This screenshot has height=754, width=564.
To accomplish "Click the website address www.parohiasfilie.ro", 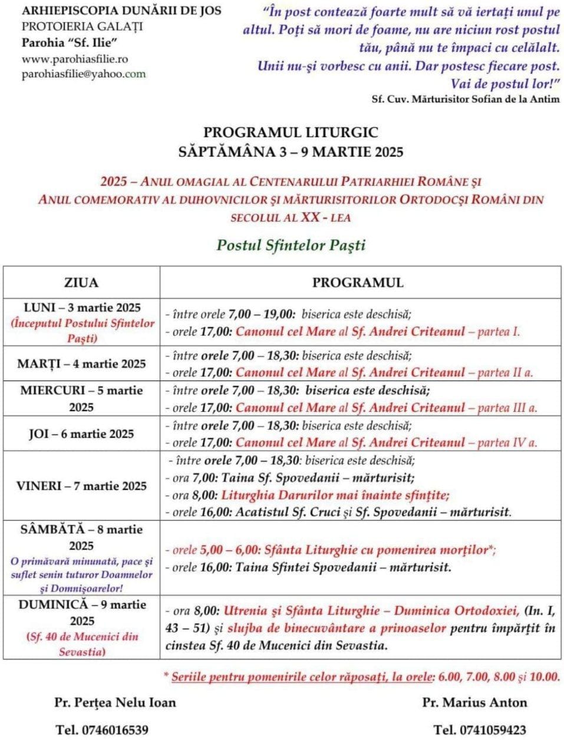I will pos(75,59).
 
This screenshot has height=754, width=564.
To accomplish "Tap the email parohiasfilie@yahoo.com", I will pos(84,74).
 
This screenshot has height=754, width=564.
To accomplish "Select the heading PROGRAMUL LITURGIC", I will pos(291,133).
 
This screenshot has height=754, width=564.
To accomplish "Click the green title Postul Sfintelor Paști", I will pos(291,244).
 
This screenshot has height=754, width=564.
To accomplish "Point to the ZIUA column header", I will pos(82,282).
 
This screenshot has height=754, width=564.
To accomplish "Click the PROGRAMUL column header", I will pos(358,282).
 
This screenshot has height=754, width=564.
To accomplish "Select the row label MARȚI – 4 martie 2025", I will pos(82,363).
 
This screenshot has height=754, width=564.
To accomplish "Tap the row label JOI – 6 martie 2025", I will pos(82,434).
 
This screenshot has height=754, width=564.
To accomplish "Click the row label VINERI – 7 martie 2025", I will pos(82,486).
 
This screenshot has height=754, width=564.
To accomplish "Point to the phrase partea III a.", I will pos(507,408).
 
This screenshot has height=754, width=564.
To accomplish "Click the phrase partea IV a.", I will pos(507,442).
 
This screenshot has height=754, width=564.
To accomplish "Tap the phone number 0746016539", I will pos(115,730).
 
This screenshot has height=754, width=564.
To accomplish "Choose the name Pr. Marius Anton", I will pos(474,702).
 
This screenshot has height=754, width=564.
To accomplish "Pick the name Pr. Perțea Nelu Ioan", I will pos(115,702).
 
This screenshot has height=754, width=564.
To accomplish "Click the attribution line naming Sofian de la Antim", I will pos(466,98).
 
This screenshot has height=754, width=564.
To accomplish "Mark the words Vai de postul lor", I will pos(504,84).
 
